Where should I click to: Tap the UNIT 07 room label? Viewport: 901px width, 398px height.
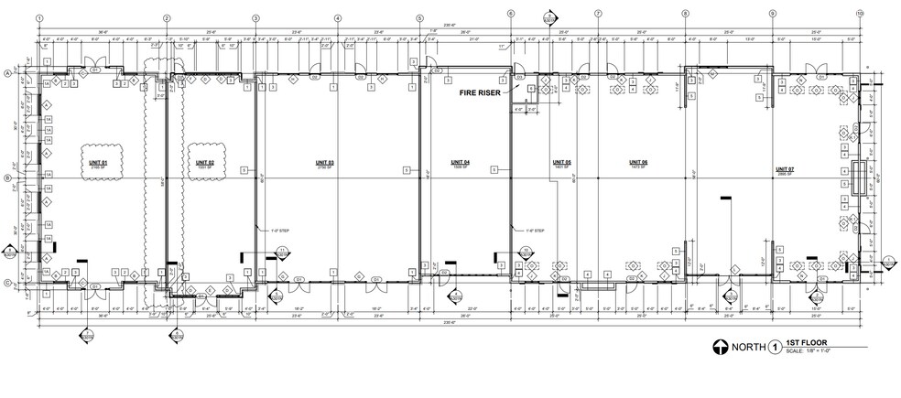[x=784, y=170]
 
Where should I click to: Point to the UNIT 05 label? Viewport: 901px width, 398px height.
[x=561, y=162]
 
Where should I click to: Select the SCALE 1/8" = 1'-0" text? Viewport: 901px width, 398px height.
[x=798, y=351]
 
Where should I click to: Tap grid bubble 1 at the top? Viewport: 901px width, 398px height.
[x=38, y=17]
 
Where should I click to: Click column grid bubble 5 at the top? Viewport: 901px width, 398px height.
[x=419, y=17]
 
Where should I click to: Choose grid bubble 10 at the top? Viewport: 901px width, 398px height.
[x=859, y=15]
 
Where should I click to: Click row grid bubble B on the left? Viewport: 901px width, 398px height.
[x=8, y=178]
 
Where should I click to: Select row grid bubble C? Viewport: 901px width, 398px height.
[x=8, y=283]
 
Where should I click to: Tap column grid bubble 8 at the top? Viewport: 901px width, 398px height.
[x=684, y=14]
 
